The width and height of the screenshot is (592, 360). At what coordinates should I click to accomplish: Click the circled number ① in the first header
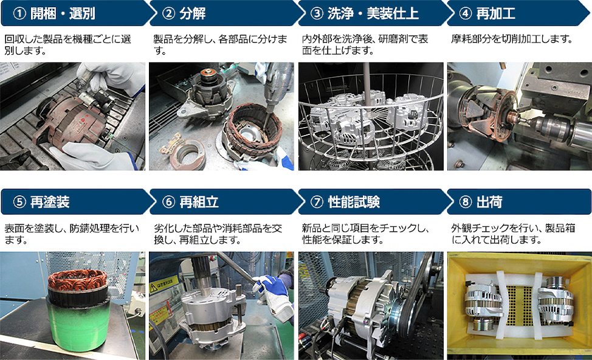click(x=19, y=13)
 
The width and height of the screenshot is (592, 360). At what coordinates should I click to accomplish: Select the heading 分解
click(x=193, y=13)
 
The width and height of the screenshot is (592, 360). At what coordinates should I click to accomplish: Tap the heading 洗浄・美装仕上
click(x=373, y=13)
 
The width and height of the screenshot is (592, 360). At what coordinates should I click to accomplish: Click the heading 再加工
click(x=496, y=13)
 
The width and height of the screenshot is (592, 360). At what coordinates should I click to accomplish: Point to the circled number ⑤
click(x=19, y=202)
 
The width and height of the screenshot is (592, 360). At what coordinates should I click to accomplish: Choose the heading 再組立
click(x=199, y=202)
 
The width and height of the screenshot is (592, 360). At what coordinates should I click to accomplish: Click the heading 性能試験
click(x=354, y=202)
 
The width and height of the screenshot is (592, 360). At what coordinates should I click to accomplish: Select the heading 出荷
click(x=489, y=202)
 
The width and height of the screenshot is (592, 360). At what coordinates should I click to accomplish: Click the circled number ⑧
click(x=466, y=202)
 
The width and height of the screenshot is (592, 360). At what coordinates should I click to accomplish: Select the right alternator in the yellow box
click(x=555, y=300)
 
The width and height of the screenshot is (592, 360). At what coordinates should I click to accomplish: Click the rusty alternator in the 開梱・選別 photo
click(x=70, y=121)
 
